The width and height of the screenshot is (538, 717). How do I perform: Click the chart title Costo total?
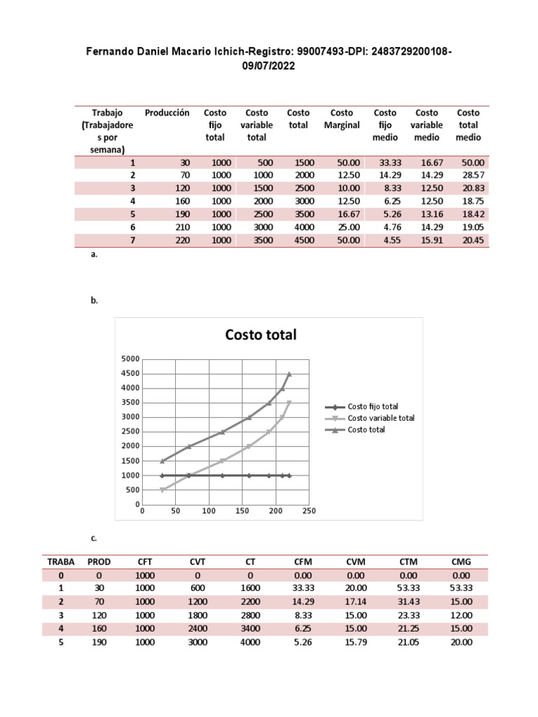pyautogui.click(x=261, y=335)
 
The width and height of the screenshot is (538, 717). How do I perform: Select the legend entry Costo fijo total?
pyautogui.click(x=373, y=406)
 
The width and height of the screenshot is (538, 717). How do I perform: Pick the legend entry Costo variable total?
pyautogui.click(x=381, y=418)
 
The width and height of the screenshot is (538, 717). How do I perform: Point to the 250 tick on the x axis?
pyautogui.click(x=309, y=511)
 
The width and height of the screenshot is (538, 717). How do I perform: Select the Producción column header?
pyautogui.click(x=167, y=113)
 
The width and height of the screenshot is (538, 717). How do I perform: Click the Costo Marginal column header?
pyautogui.click(x=342, y=119)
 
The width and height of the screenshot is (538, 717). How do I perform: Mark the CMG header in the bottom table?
pyautogui.click(x=462, y=562)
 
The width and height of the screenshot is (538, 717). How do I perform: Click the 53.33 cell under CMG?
pyautogui.click(x=462, y=588)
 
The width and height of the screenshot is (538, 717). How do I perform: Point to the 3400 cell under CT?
pyautogui.click(x=250, y=629)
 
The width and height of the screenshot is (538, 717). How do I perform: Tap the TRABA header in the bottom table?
pyautogui.click(x=61, y=562)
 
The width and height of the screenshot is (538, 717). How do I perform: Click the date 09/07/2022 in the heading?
pyautogui.click(x=269, y=66)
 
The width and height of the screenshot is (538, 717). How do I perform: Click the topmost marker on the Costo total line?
pyautogui.click(x=289, y=375)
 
